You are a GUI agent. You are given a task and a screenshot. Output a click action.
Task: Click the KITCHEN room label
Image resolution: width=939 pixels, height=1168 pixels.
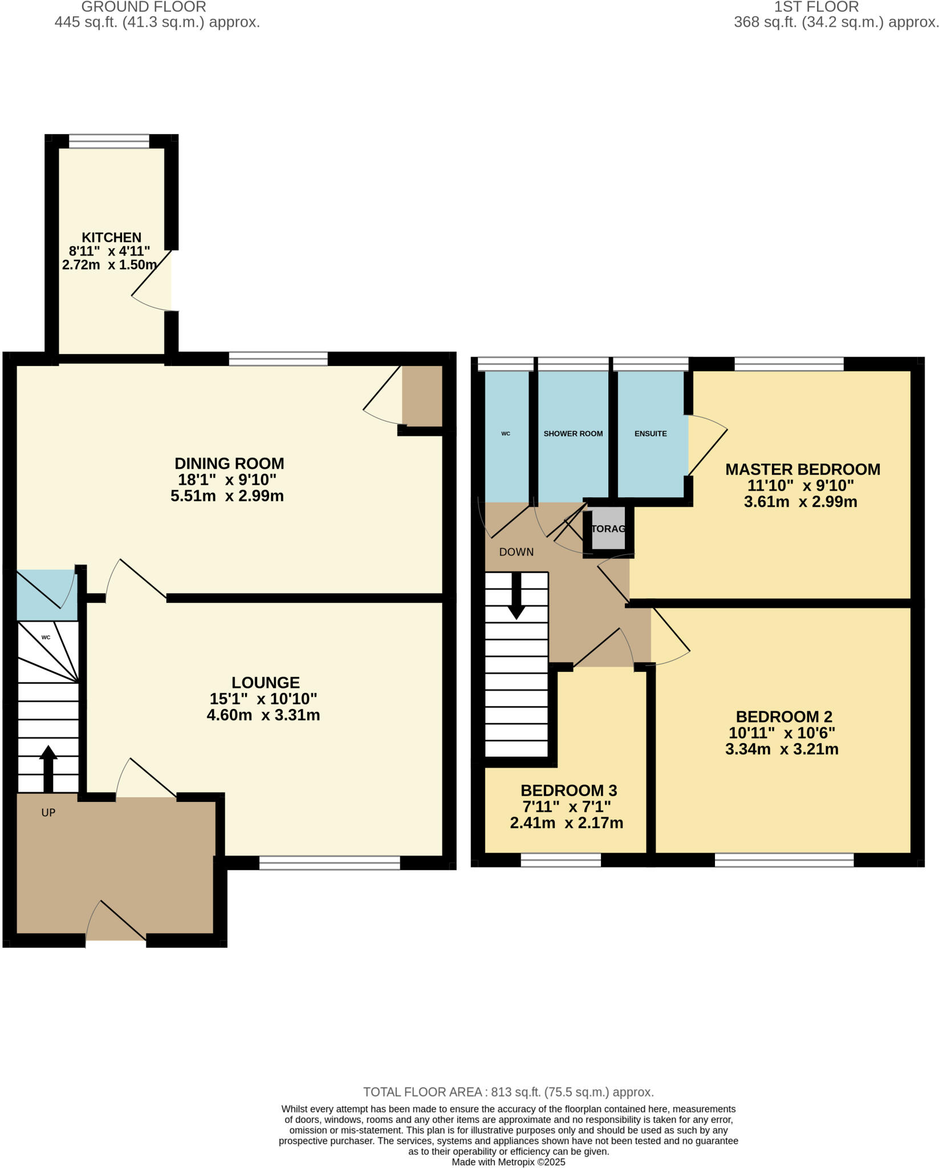[x=111, y=237]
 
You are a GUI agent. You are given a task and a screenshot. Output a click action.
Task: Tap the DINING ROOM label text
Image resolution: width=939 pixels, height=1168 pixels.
[x=229, y=463]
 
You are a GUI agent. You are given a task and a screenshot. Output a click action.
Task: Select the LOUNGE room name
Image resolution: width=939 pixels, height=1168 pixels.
[x=266, y=682]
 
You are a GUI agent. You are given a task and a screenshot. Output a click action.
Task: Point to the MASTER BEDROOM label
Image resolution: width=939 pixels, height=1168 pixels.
[x=802, y=469]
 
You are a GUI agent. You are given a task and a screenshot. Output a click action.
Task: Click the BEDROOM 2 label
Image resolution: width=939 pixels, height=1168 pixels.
[x=784, y=716]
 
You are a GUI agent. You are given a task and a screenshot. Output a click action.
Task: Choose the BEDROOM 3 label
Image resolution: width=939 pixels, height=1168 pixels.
[x=568, y=790]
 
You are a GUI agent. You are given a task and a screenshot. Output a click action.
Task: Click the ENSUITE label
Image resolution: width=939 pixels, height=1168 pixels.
[x=651, y=433]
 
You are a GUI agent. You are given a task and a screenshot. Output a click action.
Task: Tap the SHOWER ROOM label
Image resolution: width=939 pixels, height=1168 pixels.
[x=573, y=433]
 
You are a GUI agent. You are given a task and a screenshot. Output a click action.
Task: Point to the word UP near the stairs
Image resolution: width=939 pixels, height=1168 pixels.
[x=48, y=812]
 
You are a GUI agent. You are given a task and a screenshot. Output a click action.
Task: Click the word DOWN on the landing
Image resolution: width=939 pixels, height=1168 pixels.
[x=516, y=552]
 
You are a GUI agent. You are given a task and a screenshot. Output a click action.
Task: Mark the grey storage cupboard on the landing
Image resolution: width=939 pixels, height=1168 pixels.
[x=608, y=529]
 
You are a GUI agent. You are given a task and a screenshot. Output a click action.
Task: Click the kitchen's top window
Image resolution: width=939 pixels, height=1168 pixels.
[x=109, y=141]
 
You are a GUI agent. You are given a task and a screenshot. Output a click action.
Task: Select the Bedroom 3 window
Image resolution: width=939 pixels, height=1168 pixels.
[x=561, y=859]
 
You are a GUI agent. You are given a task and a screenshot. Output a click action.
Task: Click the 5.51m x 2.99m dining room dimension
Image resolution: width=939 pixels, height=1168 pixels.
[x=227, y=496]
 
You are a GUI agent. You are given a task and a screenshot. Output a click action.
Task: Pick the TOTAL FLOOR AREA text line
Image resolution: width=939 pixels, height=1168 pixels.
[x=508, y=1092]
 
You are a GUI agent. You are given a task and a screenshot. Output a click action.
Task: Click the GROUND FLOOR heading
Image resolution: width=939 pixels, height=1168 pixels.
[x=143, y=7]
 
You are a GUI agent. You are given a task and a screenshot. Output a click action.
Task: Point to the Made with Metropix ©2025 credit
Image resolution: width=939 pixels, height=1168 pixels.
[x=508, y=1162]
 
